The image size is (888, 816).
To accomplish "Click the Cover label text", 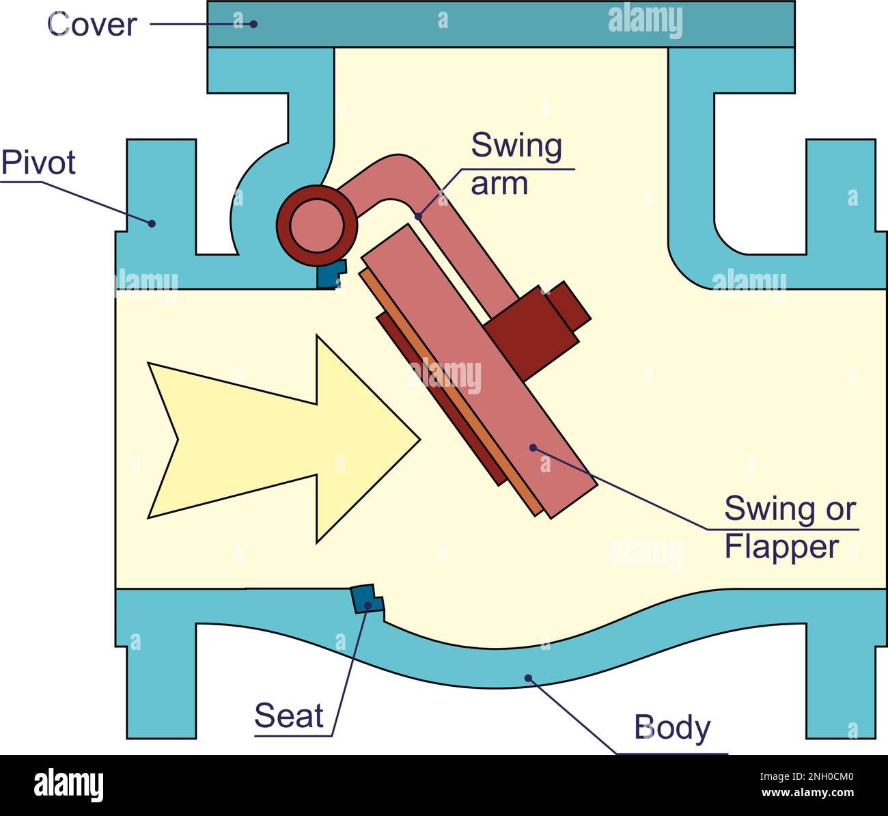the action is tap(92, 25).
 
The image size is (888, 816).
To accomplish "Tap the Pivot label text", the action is tap(38, 163).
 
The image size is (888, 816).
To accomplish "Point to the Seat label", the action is tap(289, 716).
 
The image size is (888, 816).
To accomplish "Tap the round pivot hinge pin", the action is tap(317, 226).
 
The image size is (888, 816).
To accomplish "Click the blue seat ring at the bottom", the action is tap(367, 599).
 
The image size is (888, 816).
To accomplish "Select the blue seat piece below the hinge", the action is tap(331, 275).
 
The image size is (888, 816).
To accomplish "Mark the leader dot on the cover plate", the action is tap(253, 24).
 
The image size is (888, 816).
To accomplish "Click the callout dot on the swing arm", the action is tap(418, 217).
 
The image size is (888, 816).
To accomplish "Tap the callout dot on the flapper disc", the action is tap(533, 448).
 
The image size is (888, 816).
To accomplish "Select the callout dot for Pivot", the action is tap(152, 223).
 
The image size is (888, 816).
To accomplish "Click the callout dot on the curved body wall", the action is tap(528, 678).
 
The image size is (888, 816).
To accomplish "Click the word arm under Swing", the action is tap(499, 185).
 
